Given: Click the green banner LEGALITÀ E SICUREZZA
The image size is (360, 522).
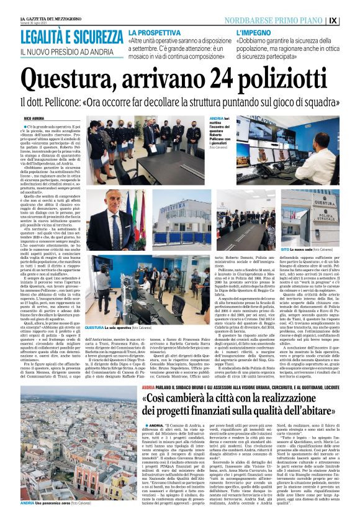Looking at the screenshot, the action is click(x=71, y=35).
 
